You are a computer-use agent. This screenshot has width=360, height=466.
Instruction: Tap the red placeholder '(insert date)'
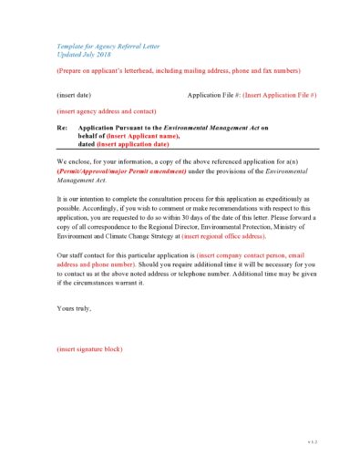(74, 95)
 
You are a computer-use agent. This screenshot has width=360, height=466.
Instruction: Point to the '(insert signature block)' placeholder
(89, 349)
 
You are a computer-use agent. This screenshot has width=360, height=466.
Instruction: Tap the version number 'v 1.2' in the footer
(311, 441)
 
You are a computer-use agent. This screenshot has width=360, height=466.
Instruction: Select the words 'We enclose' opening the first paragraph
(76, 161)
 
